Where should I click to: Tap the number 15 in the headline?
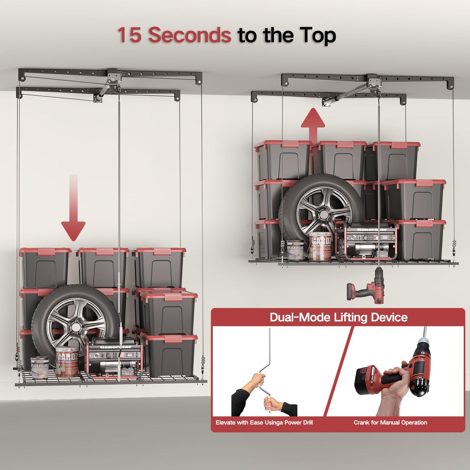coord(129,35)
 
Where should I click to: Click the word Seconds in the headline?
coord(190,35)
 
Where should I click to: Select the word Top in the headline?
coord(317,36)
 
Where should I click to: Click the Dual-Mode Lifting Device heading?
coord(338,317)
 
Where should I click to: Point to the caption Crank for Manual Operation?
coord(390,422)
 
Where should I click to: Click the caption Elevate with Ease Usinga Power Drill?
coord(264,422)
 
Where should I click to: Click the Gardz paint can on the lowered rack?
coord(67,362)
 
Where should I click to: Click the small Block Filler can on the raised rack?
coord(295,250)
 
